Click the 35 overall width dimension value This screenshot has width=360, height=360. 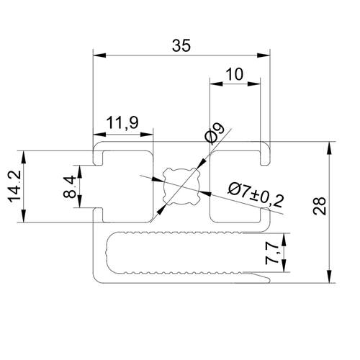pyautogui.click(x=181, y=45)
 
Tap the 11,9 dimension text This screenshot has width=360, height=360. pyautogui.click(x=122, y=123)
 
